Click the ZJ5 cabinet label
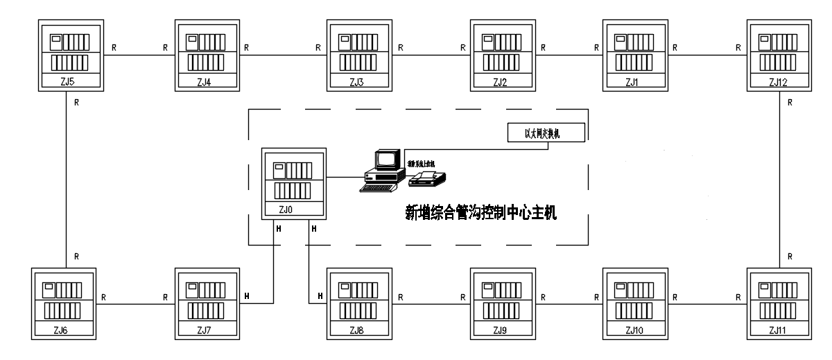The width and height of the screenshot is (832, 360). point(67,83)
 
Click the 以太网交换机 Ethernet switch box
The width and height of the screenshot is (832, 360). point(546,132)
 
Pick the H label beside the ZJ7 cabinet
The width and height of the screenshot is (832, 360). point(248,296)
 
